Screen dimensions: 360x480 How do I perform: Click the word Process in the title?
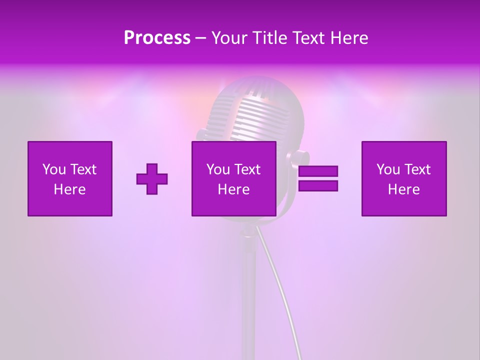pos(157,38)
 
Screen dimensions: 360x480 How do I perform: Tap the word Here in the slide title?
pos(348,38)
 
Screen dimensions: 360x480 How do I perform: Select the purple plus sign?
pos(152,179)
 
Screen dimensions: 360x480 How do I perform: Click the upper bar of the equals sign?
pos(318,171)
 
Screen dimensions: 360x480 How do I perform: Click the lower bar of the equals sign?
pos(318,186)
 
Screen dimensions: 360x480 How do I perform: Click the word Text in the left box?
pos(83,169)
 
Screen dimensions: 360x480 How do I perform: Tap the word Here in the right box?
pos(403,189)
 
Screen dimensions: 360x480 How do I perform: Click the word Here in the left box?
pos(69,189)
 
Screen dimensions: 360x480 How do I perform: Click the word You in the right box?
pos(388,169)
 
